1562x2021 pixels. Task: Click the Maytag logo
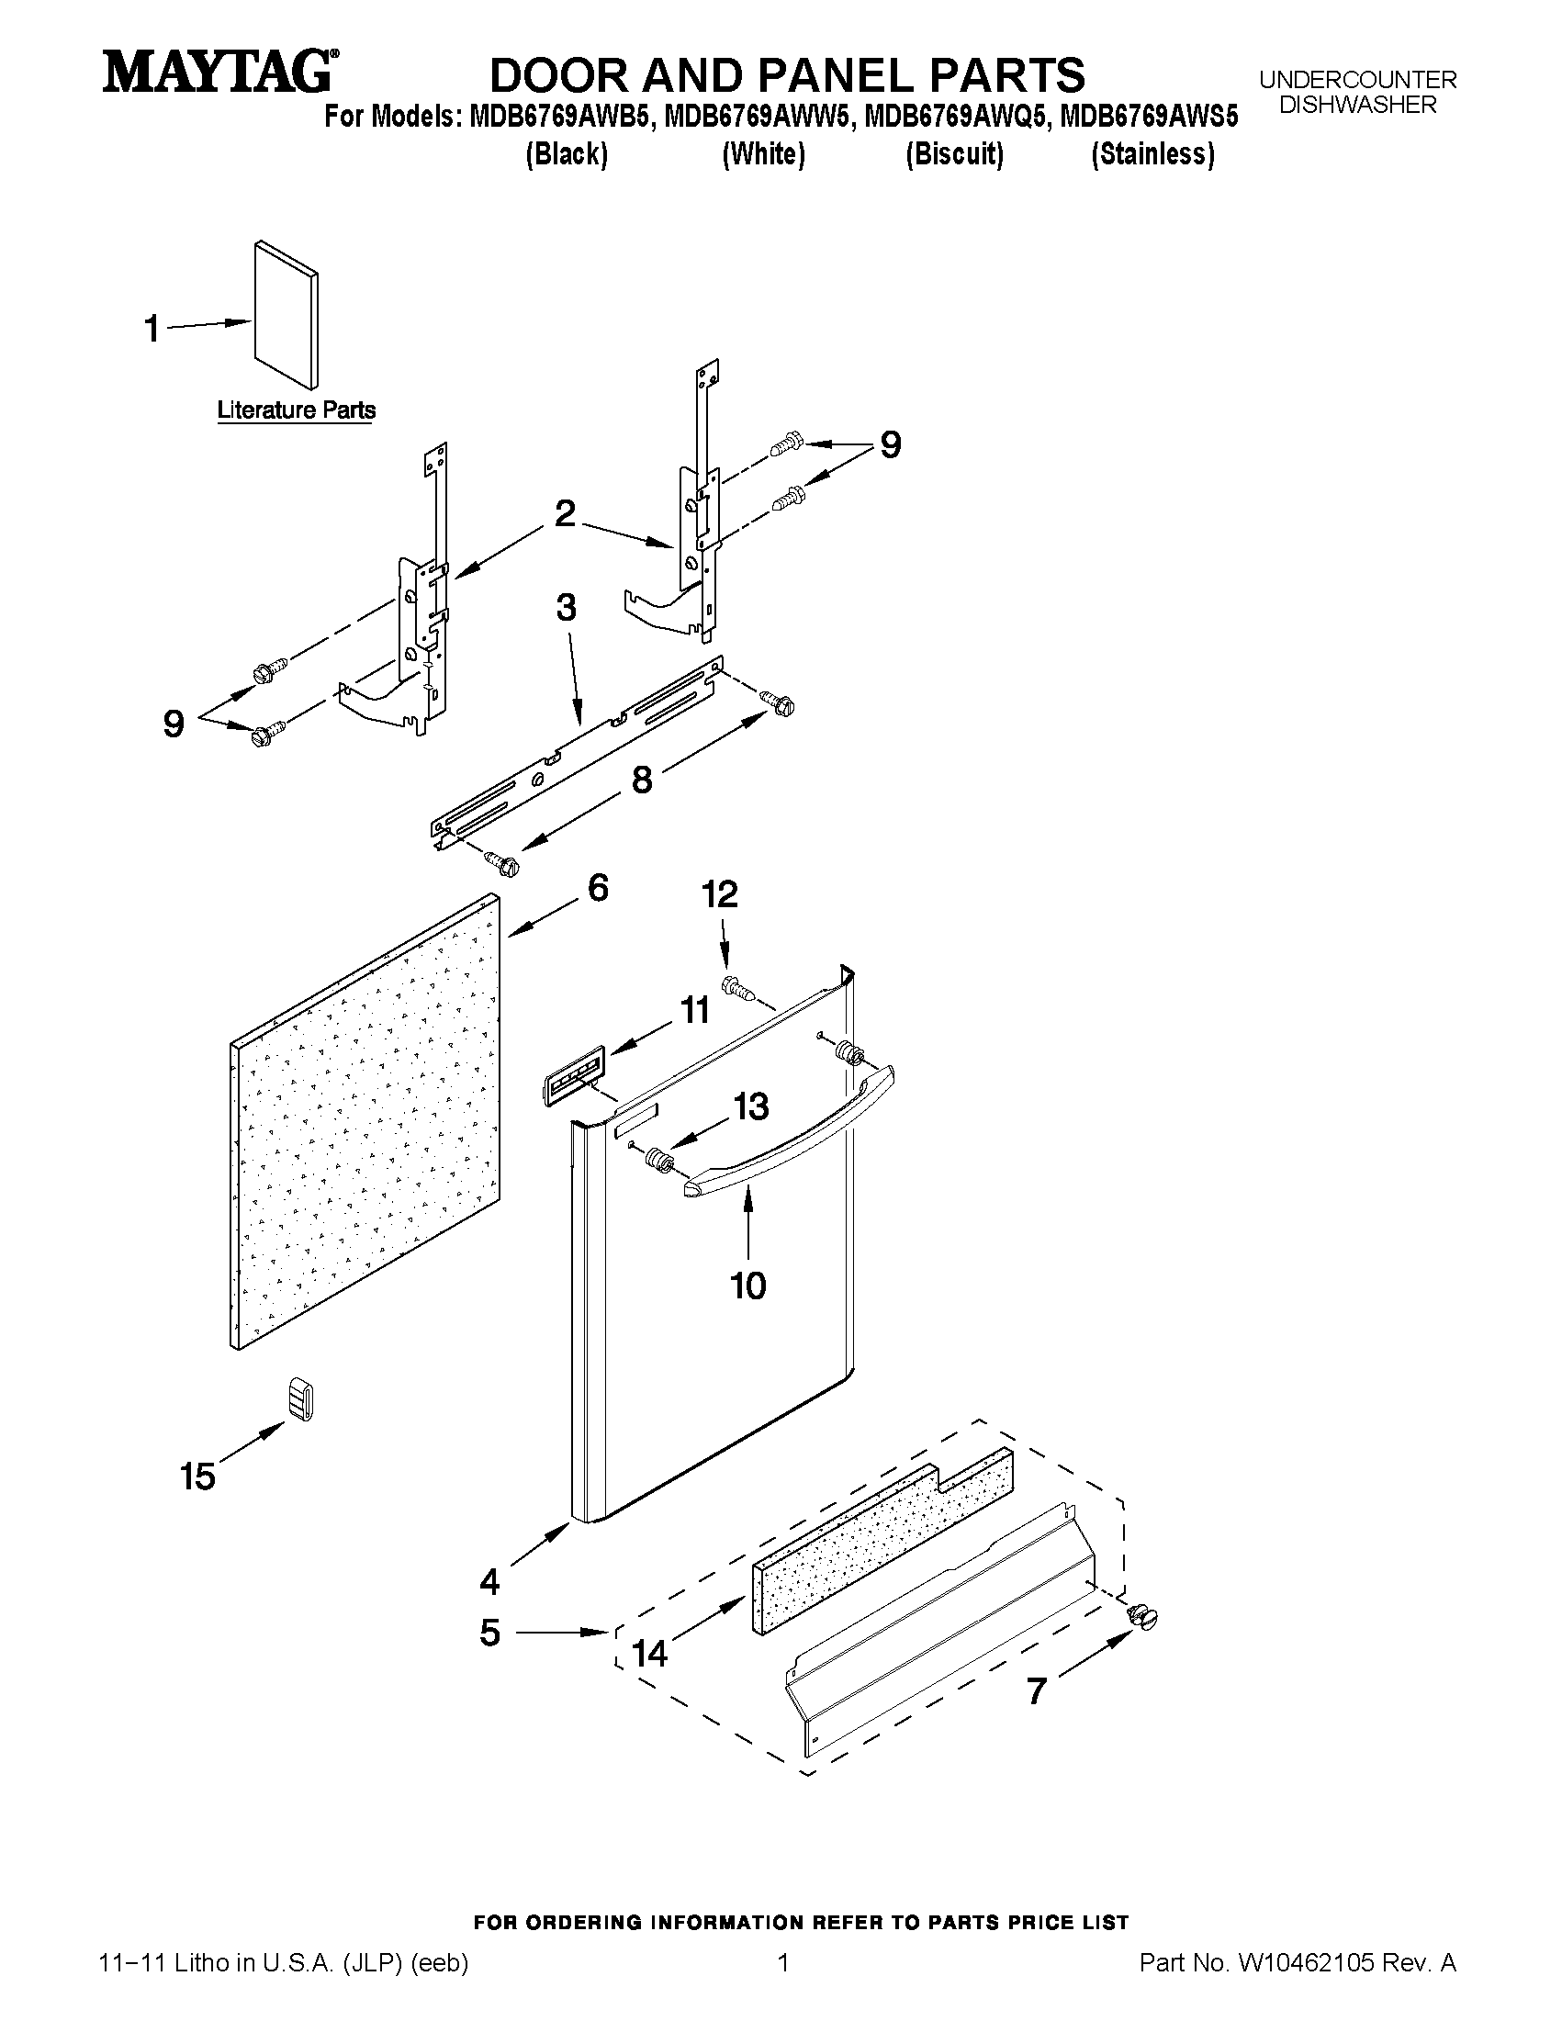[x=219, y=73]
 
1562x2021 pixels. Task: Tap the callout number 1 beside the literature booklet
[x=152, y=329]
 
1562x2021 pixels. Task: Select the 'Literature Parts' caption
[x=296, y=410]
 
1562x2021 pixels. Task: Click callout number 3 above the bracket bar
[x=567, y=608]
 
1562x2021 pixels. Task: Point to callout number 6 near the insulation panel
[x=598, y=888]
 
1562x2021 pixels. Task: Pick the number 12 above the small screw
[x=719, y=894]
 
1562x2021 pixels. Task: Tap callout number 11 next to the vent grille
[x=694, y=1010]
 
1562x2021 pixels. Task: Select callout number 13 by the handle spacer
[x=750, y=1106]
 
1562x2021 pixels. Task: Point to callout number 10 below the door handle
[x=747, y=1286]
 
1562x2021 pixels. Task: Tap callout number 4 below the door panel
[x=489, y=1581]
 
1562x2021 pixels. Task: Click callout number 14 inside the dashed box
[x=649, y=1654]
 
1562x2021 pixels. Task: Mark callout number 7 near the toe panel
[x=1037, y=1691]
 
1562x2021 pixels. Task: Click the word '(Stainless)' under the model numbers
[x=1152, y=153]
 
